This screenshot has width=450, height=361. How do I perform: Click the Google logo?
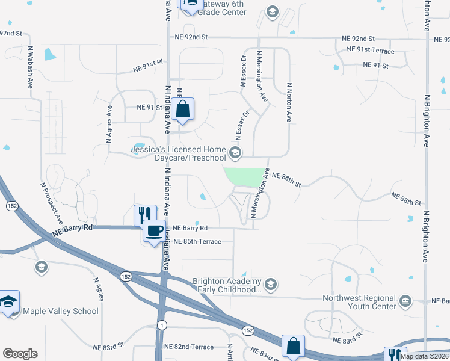click(20, 354)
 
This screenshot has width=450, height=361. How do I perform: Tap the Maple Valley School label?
click(60, 311)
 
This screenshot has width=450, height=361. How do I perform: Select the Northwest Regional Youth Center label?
click(360, 302)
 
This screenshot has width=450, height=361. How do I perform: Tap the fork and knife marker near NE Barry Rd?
click(144, 214)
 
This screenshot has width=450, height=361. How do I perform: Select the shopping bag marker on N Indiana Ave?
click(183, 110)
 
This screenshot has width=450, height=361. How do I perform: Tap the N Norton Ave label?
click(289, 102)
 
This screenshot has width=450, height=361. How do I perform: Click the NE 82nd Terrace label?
click(189, 347)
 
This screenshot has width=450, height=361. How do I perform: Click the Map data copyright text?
click(425, 356)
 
